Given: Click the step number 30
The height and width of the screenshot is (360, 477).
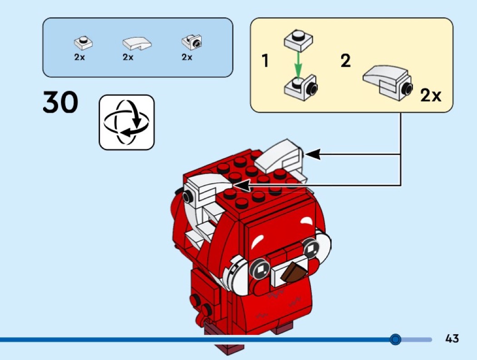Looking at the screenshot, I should coord(60,103).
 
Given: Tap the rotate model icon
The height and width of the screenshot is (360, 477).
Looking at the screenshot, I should coord(127,122).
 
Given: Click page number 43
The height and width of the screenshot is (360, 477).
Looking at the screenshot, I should coord(452,339).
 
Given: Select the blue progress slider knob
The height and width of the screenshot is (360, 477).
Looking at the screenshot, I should coord(395,339).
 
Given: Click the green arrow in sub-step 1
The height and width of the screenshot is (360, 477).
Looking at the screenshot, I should coord(297,64).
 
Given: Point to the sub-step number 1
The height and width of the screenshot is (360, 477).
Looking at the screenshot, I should coord(266,61).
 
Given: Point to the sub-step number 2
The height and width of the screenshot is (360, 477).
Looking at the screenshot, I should coord(346,61).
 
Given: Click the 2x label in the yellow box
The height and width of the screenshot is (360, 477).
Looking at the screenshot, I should coord(430,96).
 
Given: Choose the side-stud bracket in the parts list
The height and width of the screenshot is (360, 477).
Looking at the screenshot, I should coord(192,42).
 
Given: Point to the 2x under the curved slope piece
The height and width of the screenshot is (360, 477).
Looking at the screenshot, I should coord(128,57).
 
